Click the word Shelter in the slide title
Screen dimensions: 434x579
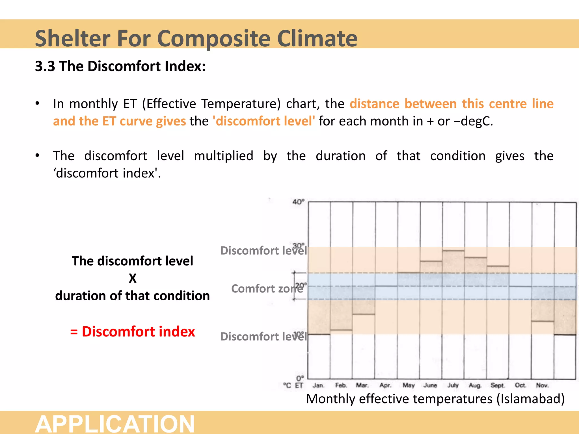(x=72, y=38)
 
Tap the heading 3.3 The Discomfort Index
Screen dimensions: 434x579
(x=120, y=66)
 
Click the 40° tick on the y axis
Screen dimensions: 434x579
(x=298, y=202)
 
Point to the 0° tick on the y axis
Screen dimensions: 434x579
(x=300, y=378)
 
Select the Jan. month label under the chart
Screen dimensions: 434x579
(x=318, y=385)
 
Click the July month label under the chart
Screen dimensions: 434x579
(x=453, y=385)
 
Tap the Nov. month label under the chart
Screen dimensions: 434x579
(x=542, y=385)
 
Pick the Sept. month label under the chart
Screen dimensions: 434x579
(x=498, y=385)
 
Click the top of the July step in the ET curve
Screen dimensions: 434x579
(x=453, y=250)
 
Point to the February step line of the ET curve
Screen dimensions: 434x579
(x=341, y=330)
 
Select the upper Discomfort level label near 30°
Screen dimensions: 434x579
(x=263, y=251)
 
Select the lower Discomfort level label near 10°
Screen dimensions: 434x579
(x=263, y=337)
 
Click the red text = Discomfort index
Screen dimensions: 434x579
(x=133, y=331)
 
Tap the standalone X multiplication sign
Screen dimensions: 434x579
(x=133, y=278)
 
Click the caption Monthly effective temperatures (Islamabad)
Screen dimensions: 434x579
(x=435, y=399)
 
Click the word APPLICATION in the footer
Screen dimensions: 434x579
(x=115, y=424)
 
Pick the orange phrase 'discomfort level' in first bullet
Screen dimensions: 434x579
(x=264, y=121)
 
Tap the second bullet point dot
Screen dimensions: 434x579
(x=37, y=156)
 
